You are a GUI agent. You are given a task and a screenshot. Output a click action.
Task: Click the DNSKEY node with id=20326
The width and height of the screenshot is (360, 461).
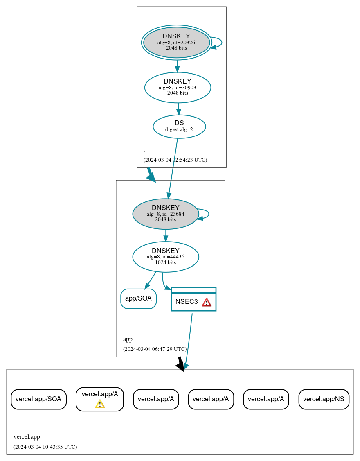click(x=176, y=42)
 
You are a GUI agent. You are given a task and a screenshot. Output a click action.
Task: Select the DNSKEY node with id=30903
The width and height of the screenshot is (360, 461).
click(x=178, y=87)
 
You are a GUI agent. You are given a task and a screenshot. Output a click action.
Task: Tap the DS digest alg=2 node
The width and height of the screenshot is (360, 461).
click(x=179, y=127)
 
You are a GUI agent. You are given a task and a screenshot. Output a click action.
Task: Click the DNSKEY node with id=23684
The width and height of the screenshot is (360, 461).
click(x=165, y=214)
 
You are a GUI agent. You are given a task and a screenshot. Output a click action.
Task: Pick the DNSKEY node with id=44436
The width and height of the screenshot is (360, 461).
click(x=165, y=257)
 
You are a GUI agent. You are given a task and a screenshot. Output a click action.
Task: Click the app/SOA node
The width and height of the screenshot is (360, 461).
click(x=138, y=298)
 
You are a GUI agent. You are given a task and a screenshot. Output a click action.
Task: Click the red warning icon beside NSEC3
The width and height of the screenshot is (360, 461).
click(x=207, y=302)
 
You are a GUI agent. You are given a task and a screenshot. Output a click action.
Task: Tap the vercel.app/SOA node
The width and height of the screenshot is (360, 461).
click(x=38, y=399)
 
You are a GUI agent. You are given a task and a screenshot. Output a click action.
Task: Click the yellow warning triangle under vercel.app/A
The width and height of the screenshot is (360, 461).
click(x=100, y=404)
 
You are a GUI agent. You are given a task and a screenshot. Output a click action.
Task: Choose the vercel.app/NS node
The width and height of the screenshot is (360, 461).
click(x=324, y=399)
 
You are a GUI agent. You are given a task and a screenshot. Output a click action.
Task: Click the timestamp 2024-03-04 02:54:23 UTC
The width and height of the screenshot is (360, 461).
click(x=175, y=160)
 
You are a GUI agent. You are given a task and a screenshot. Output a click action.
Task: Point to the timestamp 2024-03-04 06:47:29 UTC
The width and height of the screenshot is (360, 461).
click(x=155, y=349)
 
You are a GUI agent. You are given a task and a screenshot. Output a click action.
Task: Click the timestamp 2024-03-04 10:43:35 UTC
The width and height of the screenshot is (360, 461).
click(x=45, y=447)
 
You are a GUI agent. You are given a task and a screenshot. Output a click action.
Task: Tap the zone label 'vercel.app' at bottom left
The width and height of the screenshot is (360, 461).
click(x=27, y=437)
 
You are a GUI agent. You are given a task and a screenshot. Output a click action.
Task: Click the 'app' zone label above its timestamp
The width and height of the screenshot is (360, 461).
click(x=128, y=339)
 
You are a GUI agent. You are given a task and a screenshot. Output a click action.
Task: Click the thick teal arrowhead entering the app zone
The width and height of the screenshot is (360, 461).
click(x=151, y=177)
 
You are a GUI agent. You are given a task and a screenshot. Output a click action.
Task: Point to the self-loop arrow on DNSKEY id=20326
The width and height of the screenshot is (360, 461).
click(x=220, y=43)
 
